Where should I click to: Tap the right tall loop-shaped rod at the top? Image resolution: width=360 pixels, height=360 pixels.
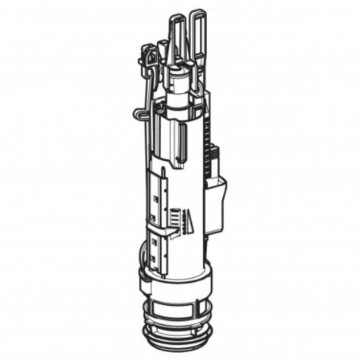(198, 32)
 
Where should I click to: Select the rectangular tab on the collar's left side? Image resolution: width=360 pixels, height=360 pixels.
(143, 281)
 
